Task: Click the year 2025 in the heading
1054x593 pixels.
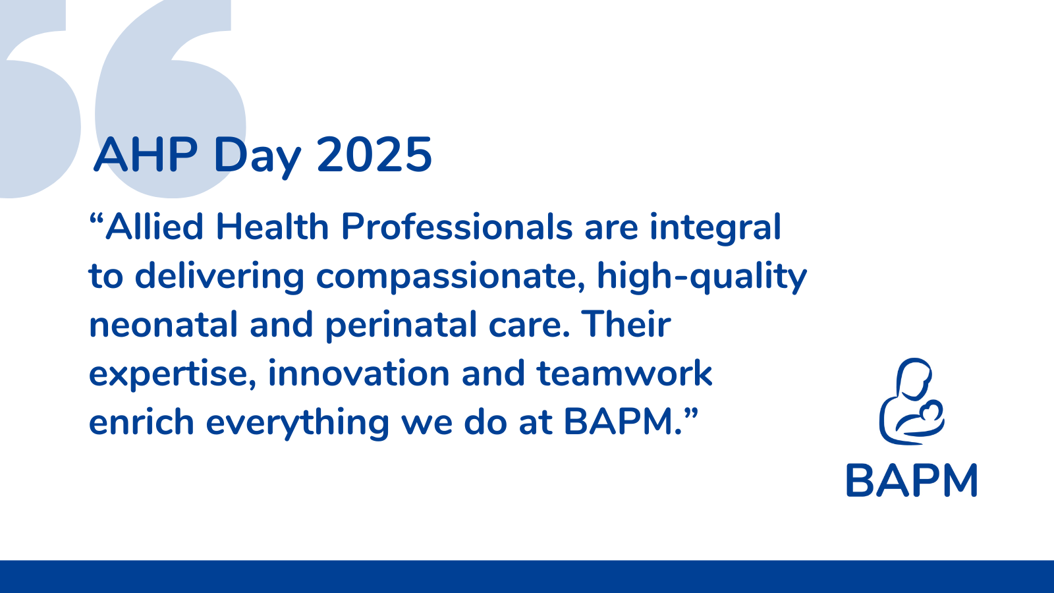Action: (375, 154)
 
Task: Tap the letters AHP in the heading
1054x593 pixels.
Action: (146, 154)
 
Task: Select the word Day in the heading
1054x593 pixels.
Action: (256, 157)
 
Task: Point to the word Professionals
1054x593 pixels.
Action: (457, 227)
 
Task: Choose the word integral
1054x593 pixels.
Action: (715, 229)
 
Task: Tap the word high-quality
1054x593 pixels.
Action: (702, 277)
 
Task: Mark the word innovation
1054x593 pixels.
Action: (358, 374)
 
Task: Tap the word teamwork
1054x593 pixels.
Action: (624, 374)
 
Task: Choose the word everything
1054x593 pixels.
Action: (297, 424)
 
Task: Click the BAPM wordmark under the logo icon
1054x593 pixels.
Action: (912, 480)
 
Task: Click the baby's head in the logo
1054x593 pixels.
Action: (931, 411)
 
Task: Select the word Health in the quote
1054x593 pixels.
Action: (272, 227)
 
